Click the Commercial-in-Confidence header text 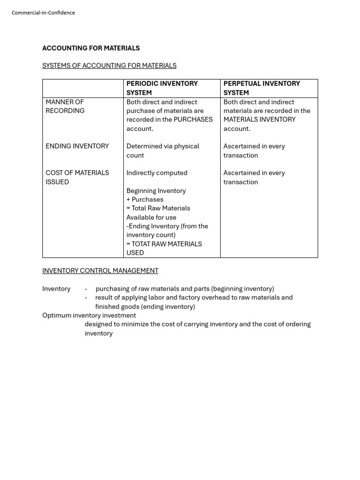pyautogui.click(x=43, y=13)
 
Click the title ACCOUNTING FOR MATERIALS pyautogui.click(x=91, y=48)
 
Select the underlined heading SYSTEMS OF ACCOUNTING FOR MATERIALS pyautogui.click(x=109, y=66)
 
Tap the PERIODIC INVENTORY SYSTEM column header pyautogui.click(x=162, y=88)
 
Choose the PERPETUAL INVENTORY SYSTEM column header pyautogui.click(x=262, y=88)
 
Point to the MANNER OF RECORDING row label pyautogui.click(x=65, y=106)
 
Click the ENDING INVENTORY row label pyautogui.click(x=77, y=146)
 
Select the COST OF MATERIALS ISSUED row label pyautogui.click(x=77, y=177)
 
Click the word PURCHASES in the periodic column pyautogui.click(x=193, y=120)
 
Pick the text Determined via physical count pyautogui.click(x=163, y=150)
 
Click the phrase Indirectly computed pyautogui.click(x=157, y=173)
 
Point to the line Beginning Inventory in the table pyautogui.click(x=156, y=191)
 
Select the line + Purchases pyautogui.click(x=144, y=200)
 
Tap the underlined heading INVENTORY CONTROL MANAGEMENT pyautogui.click(x=100, y=271)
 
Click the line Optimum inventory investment pyautogui.click(x=89, y=315)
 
